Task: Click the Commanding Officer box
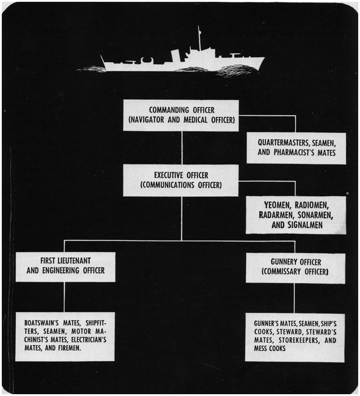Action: (180, 116)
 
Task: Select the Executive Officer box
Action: (180, 180)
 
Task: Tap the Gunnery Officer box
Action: (295, 268)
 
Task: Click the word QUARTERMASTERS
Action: (278, 142)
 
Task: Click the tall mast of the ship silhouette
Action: (198, 38)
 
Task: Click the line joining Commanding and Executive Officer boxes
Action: (182, 148)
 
